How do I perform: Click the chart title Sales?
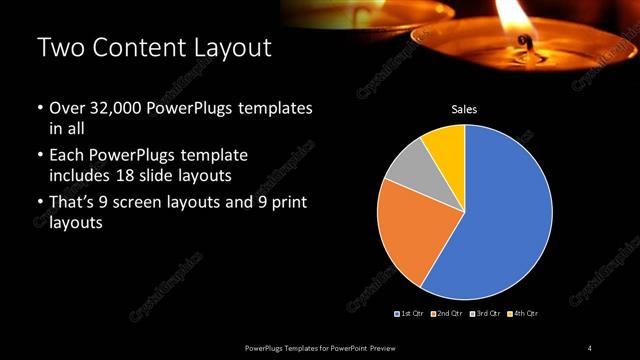click(x=464, y=109)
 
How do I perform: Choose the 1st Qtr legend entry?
click(x=410, y=314)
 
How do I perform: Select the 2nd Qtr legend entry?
click(x=446, y=314)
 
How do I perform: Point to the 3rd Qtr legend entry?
click(x=484, y=314)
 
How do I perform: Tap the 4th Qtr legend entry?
click(x=522, y=314)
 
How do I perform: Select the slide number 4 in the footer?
click(x=590, y=347)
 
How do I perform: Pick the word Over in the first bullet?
click(x=66, y=108)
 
